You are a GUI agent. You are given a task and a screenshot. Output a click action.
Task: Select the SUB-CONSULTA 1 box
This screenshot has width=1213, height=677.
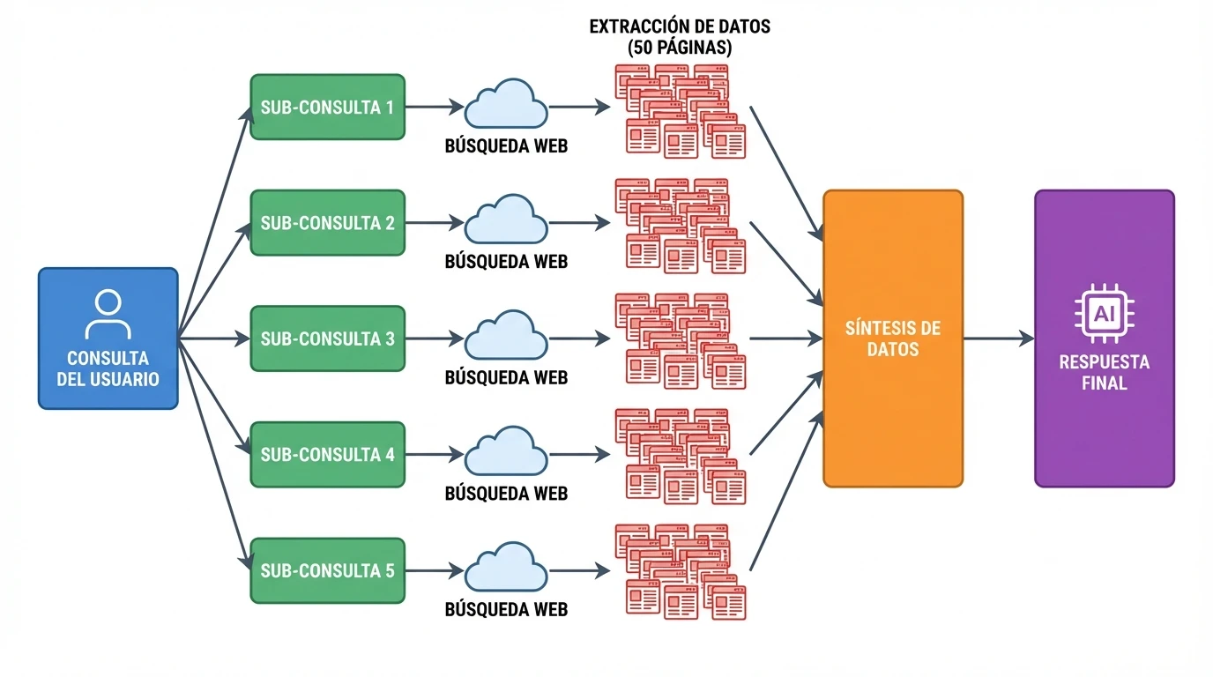point(327,107)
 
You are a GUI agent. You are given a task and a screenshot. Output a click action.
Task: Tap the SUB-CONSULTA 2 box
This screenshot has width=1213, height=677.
point(327,223)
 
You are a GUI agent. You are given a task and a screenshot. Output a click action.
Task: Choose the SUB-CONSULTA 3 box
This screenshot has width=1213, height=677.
point(327,338)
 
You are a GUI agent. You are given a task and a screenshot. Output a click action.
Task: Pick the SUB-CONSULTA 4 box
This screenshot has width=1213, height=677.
point(327,455)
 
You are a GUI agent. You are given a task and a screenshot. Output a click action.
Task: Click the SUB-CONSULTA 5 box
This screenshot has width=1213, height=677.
point(327,570)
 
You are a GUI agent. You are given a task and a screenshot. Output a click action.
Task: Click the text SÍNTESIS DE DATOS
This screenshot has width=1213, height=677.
point(892,338)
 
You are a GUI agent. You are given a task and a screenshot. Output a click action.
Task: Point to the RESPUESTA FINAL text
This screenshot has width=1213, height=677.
point(1104,373)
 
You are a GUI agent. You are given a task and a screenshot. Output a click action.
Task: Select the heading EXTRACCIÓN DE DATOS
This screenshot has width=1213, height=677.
point(679,26)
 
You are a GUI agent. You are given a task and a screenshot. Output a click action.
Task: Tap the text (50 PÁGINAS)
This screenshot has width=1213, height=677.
point(679,48)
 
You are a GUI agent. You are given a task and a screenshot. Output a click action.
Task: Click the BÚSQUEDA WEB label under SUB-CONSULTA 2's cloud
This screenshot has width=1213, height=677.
point(506,262)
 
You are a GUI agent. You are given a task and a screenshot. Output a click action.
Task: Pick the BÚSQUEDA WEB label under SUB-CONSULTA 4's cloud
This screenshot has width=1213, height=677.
point(506,494)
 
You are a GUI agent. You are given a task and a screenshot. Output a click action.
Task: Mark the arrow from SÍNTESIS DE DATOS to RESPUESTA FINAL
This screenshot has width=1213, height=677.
point(998,338)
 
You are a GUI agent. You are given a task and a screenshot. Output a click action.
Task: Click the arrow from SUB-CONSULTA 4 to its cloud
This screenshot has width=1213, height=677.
point(435,455)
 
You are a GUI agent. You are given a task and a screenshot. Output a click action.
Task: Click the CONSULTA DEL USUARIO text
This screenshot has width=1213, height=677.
point(108,369)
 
